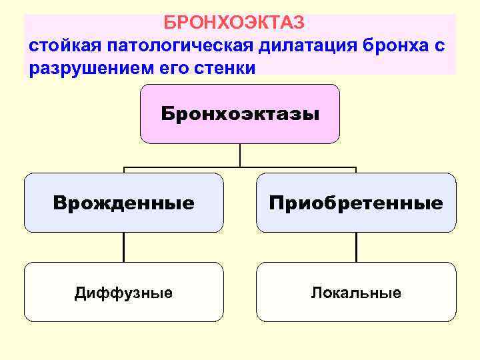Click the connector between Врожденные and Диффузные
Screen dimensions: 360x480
[x=124, y=247]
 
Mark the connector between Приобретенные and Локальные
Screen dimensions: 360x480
[x=356, y=247]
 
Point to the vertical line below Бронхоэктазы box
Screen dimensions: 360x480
[x=240, y=155]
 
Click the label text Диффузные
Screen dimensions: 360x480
[x=124, y=293]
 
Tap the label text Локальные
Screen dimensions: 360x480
[x=356, y=293]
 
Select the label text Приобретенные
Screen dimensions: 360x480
[x=356, y=203]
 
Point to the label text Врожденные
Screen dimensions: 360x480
[x=124, y=203]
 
